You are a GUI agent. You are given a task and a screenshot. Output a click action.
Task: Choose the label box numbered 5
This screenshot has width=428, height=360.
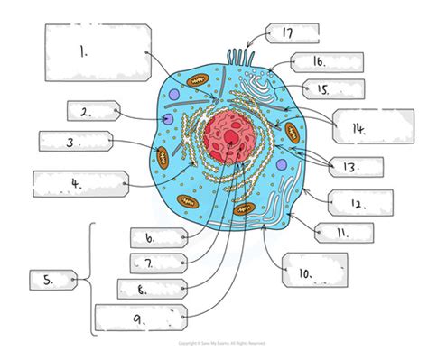click(53, 280)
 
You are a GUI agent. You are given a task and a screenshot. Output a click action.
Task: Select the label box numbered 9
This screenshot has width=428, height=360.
click(140, 317)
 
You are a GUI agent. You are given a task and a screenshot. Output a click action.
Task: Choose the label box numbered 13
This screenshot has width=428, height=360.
click(353, 167)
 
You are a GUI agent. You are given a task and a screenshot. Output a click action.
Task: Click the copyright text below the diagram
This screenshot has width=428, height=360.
click(214, 344)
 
